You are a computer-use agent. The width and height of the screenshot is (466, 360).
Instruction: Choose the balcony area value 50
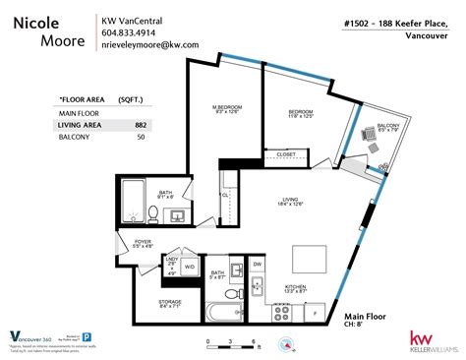coord(141,137)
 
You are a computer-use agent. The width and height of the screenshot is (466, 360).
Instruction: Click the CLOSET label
coord(286,154)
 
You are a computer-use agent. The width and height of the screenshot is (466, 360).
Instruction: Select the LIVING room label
coord(289,200)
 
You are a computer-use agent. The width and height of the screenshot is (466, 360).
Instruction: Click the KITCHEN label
coord(295,287)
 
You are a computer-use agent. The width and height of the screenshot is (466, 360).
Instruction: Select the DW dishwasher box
coord(257,265)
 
